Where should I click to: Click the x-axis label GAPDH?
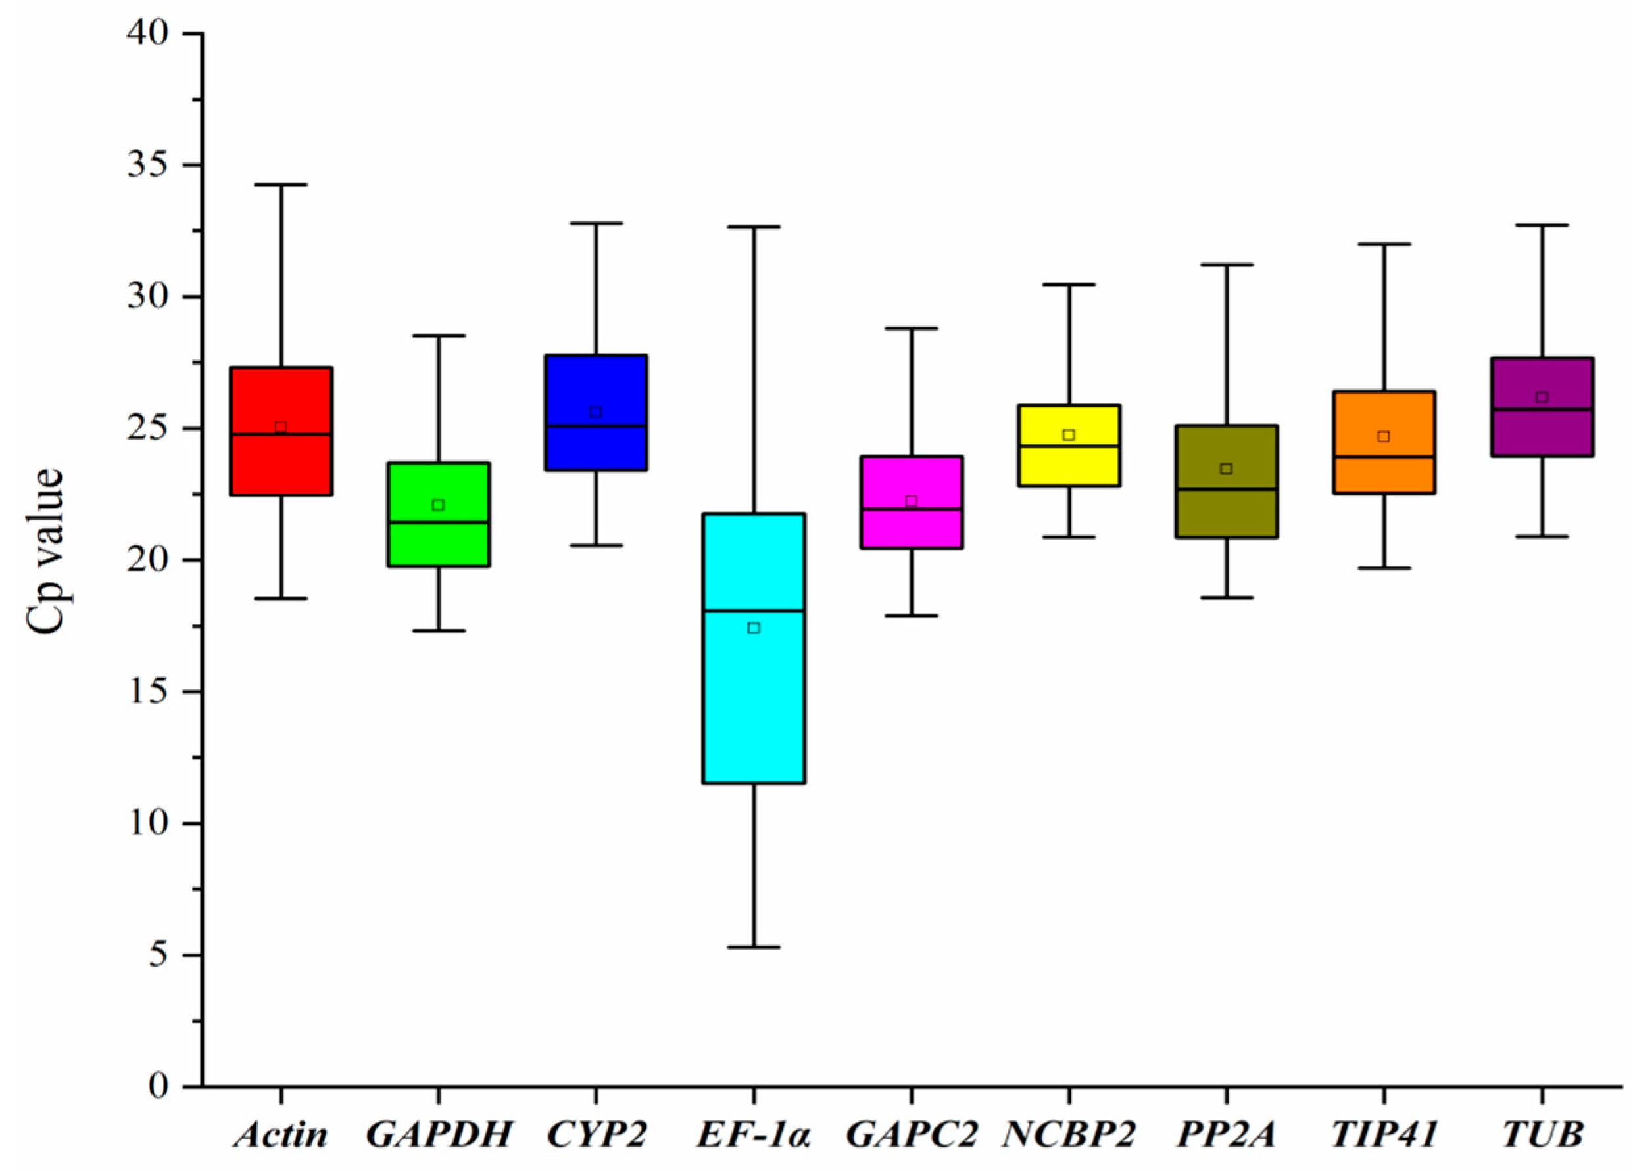[439, 1135]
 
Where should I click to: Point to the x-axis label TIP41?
[1383, 1135]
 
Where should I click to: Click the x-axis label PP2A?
[1225, 1135]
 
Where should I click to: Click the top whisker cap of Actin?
[281, 185]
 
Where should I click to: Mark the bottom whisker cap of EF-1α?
[754, 947]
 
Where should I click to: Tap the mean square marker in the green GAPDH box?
[438, 505]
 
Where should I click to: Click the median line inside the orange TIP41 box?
[1383, 456]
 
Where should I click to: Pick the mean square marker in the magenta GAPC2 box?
[911, 501]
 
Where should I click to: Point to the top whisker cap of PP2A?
[1225, 265]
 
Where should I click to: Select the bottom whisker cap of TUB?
[1542, 536]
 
